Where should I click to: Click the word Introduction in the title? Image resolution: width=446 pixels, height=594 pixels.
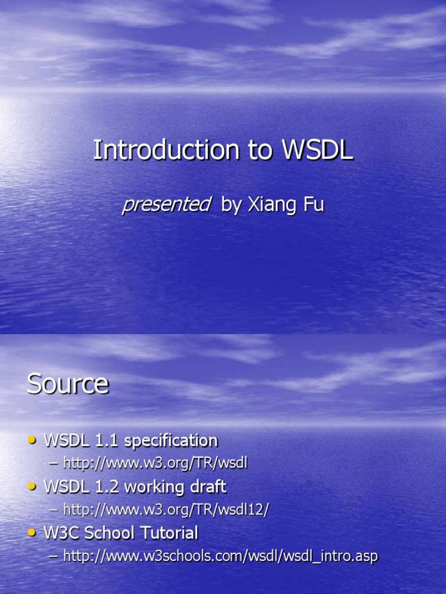(166, 150)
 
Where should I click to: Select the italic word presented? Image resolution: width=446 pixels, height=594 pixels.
(166, 204)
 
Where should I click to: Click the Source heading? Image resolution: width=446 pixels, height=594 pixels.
(67, 383)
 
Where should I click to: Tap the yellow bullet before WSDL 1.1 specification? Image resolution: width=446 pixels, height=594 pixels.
(33, 440)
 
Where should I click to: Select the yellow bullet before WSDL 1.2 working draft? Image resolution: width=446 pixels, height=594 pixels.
(33, 486)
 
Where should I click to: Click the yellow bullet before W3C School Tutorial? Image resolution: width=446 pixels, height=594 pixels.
(33, 533)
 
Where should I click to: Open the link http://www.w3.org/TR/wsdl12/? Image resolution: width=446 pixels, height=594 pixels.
(166, 509)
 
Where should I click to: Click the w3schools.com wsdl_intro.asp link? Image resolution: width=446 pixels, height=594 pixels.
(220, 556)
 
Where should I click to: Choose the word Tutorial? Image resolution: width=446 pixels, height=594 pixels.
(172, 533)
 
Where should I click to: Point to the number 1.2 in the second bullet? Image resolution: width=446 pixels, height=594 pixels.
(93, 486)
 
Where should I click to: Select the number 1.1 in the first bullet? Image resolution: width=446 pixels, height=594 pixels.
(93, 440)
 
